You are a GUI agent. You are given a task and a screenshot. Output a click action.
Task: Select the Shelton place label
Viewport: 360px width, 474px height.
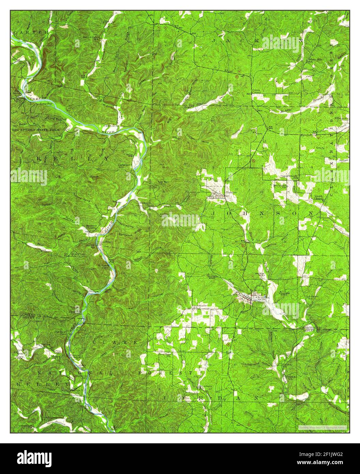click(x=169, y=206)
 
